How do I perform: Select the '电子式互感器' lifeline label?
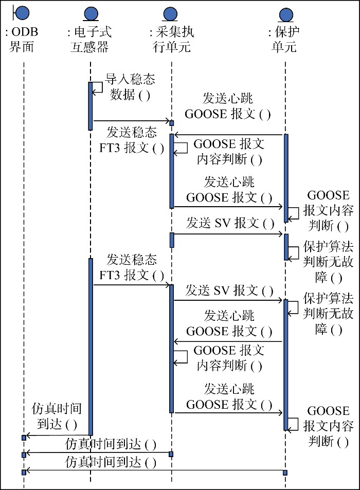[89, 40]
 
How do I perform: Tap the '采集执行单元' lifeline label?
[171, 40]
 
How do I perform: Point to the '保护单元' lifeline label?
[284, 40]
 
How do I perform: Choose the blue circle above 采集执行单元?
[171, 13]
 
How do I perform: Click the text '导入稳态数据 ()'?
[130, 87]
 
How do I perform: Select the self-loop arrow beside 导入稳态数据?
[98, 87]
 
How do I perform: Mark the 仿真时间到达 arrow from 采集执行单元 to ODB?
[98, 453]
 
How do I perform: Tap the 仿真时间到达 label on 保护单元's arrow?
[111, 463]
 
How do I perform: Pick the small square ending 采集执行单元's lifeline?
[171, 454]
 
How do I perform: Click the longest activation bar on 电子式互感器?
[91, 347]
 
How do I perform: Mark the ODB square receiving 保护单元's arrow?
[24, 472]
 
